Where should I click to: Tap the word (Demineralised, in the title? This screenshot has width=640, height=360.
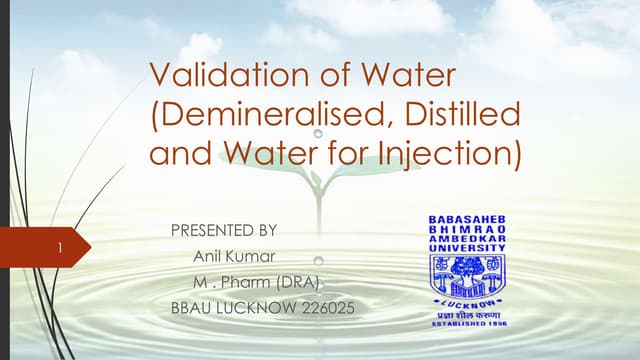tap(264, 114)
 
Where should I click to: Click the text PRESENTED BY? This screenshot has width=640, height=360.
tap(224, 230)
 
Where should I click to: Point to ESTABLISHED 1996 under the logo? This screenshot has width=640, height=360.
tap(467, 323)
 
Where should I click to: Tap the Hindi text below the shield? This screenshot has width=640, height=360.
tap(467, 313)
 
